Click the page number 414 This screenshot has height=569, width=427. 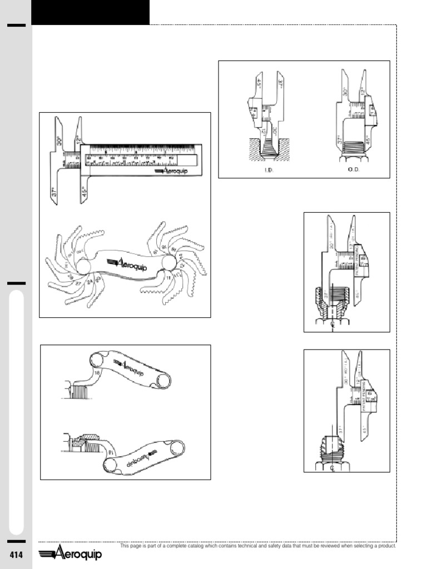tap(16, 555)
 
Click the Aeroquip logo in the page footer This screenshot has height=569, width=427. tap(70, 554)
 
